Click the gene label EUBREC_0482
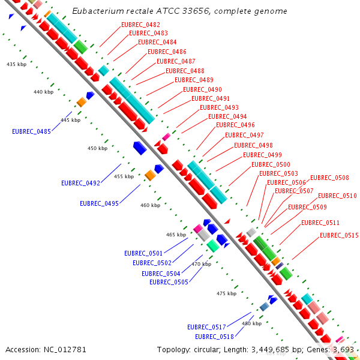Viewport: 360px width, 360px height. [140, 25]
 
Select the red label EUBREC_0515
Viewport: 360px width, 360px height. [339, 235]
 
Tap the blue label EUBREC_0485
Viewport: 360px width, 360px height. [31, 131]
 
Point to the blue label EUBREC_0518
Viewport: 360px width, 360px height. [214, 337]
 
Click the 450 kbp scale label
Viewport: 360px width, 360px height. [97, 148]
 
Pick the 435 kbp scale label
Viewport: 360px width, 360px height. [16, 64]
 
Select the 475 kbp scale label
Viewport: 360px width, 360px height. [226, 293]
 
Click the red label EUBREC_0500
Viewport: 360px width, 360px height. [271, 164]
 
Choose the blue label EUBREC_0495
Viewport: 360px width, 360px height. [99, 203]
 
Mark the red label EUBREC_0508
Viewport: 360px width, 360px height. [329, 178]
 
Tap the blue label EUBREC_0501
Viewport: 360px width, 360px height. [143, 253]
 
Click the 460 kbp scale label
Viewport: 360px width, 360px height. [150, 205]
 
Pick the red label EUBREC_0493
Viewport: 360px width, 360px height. [219, 107]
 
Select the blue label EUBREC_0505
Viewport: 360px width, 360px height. [169, 282]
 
